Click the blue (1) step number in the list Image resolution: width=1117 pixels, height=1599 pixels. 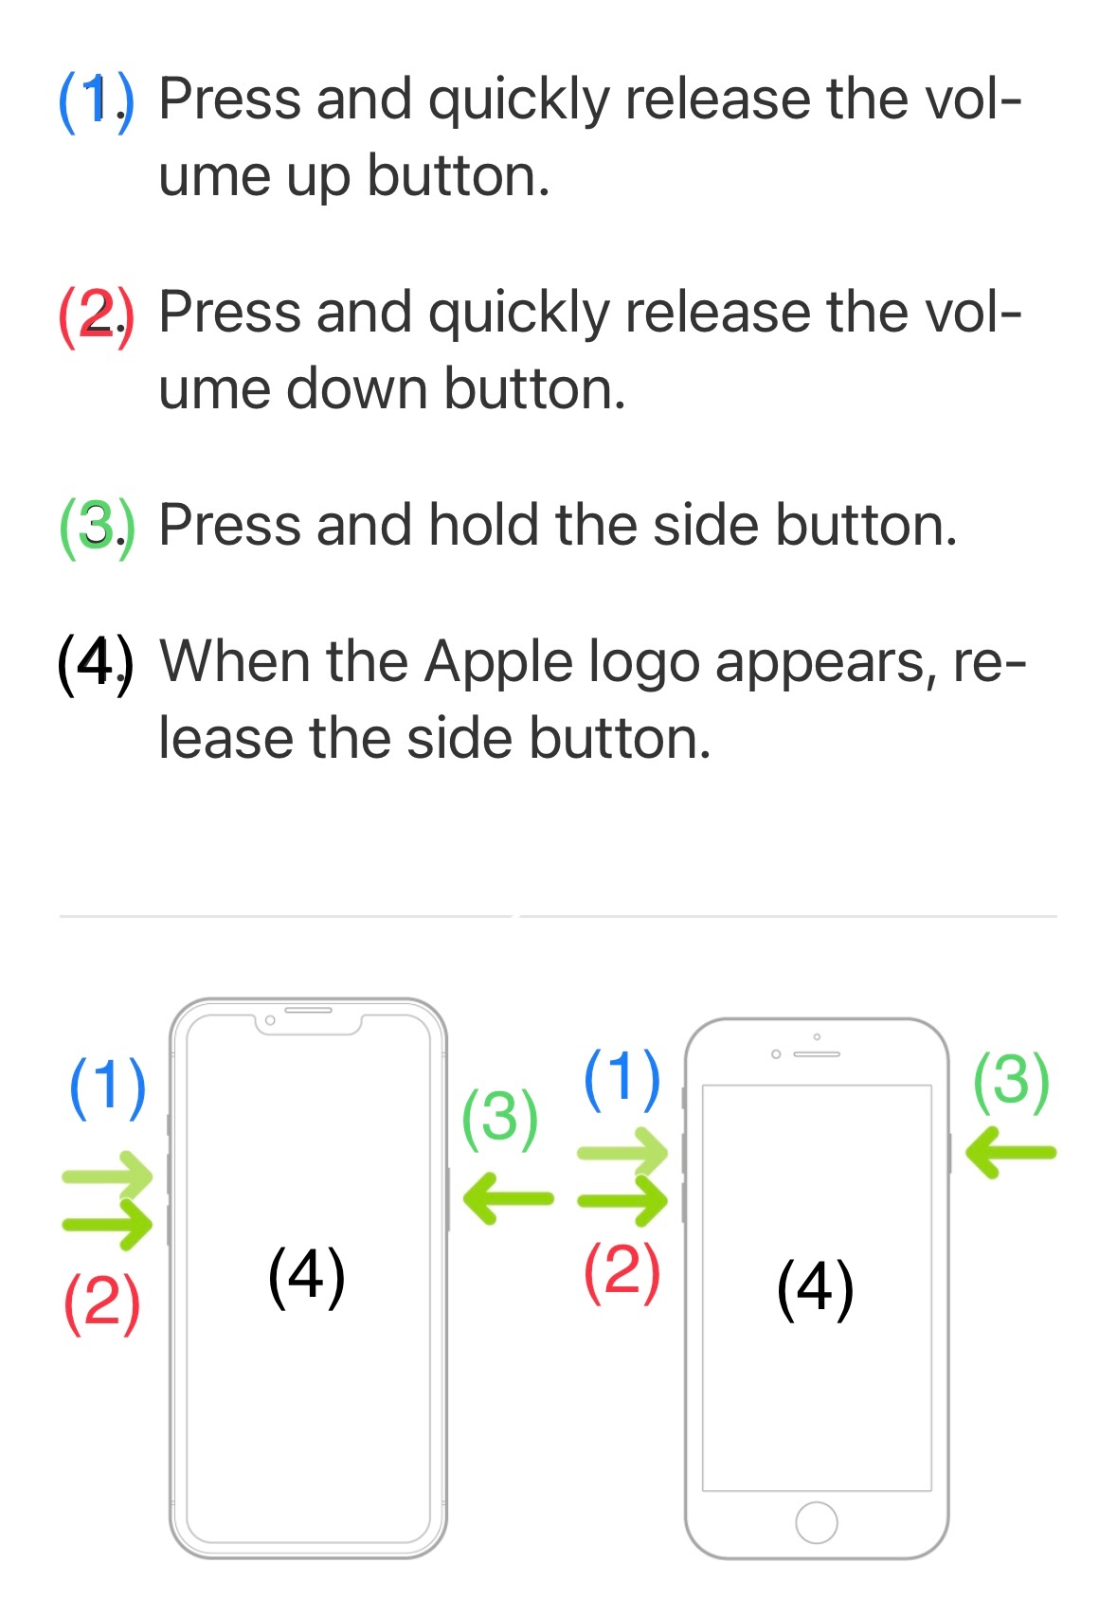[96, 103]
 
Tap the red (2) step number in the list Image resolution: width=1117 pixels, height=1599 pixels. [96, 317]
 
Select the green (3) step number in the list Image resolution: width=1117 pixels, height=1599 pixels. [96, 529]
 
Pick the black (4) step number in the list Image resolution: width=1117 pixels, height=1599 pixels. [96, 665]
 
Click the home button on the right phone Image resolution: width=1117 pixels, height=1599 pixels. [816, 1522]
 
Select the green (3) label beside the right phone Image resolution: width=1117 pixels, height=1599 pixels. [1012, 1082]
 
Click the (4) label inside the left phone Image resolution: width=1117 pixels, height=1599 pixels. [306, 1278]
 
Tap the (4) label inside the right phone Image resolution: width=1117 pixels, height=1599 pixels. [815, 1289]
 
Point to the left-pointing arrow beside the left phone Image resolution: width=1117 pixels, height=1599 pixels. [508, 1198]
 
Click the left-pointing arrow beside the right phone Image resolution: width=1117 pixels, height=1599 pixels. [1011, 1152]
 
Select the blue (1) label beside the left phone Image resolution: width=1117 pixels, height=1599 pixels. [108, 1087]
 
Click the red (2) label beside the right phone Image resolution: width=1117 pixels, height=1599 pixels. [622, 1273]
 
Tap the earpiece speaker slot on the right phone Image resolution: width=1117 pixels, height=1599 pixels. [817, 1054]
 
